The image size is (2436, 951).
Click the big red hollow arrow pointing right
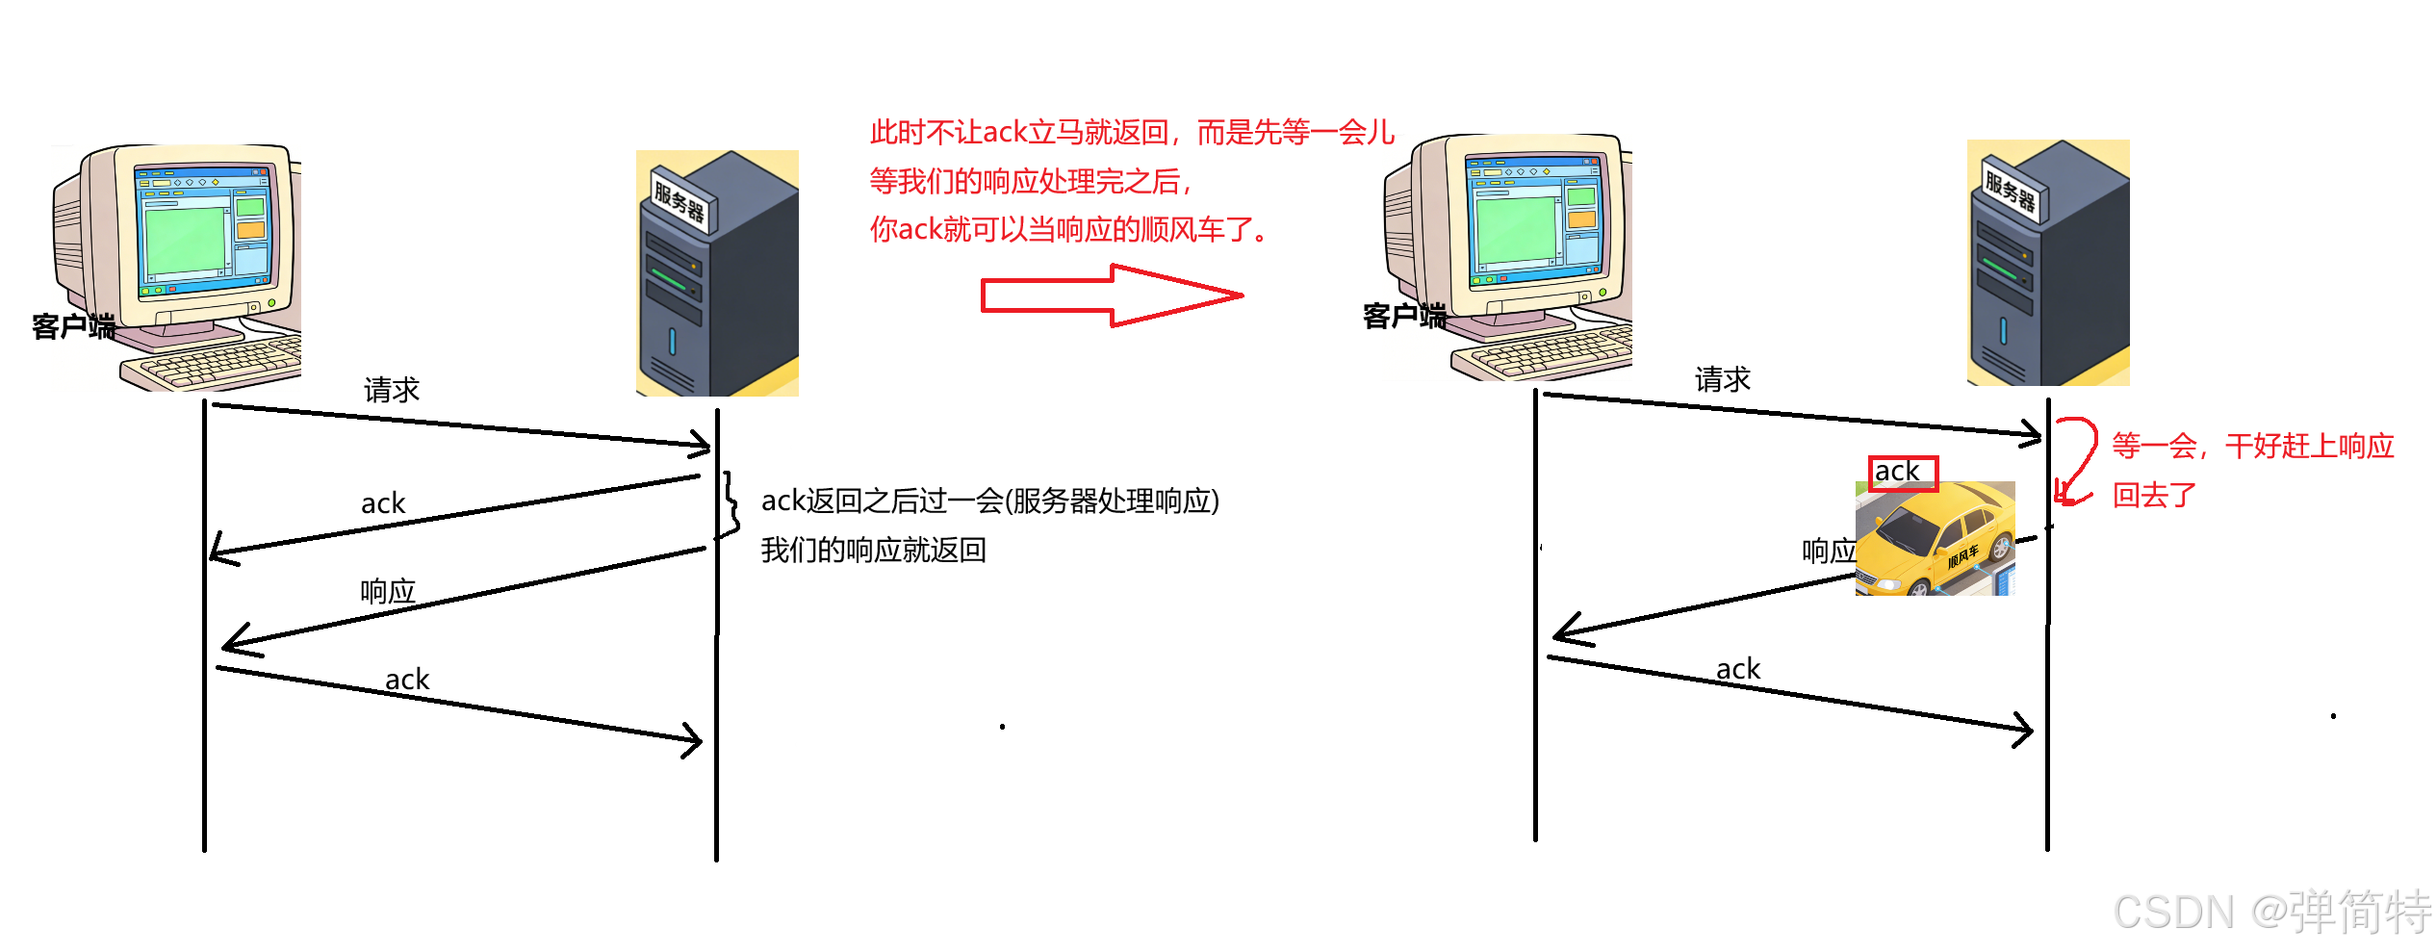1107,296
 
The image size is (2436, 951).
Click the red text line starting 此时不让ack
1130,133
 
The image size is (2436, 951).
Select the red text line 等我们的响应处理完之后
1030,181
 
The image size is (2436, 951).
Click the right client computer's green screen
1517,230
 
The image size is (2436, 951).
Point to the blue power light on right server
2004,331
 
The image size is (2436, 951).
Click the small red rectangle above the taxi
1903,474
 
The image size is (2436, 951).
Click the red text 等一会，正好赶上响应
2252,447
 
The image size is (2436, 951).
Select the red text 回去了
2154,496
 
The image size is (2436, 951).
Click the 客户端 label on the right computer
1413,317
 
